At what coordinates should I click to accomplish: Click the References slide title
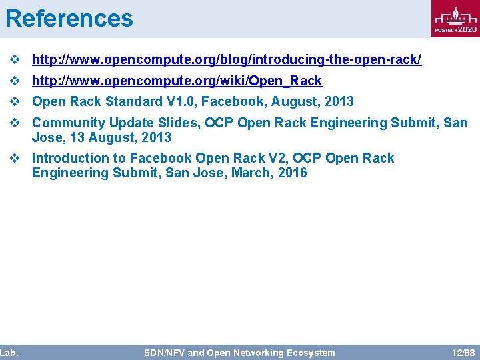pyautogui.click(x=69, y=18)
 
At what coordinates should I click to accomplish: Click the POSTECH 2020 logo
pyautogui.click(x=455, y=19)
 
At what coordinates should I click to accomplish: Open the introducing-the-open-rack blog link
pyautogui.click(x=227, y=60)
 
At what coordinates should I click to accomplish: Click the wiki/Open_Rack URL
pyautogui.click(x=177, y=81)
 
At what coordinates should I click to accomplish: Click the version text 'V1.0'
pyautogui.click(x=183, y=101)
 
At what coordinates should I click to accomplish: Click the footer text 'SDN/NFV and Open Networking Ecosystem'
pyautogui.click(x=239, y=352)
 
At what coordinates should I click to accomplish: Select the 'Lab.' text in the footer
pyautogui.click(x=9, y=352)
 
